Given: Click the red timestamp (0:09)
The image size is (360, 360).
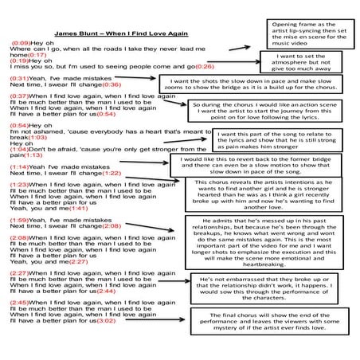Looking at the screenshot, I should click(21, 42).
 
